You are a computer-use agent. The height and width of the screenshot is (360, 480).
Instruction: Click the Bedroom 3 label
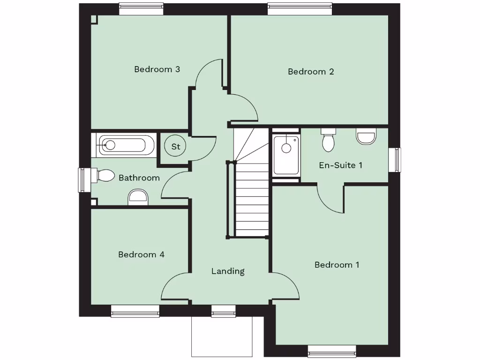pos(157,69)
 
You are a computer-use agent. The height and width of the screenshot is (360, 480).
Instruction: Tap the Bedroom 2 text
pos(311,72)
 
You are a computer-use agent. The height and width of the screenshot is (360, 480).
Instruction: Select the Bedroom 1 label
pos(337,265)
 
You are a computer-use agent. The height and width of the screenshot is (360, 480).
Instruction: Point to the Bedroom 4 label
pos(141,255)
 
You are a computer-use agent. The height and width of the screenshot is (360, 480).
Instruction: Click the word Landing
pos(228,271)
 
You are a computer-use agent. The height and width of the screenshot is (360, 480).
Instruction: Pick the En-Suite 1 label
pos(340,165)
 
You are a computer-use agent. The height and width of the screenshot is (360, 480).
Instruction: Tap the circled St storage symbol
pos(176,146)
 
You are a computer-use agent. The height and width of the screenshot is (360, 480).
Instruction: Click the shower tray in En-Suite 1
pos(286,155)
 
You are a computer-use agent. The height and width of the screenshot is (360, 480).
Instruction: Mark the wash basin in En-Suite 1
pos(366,136)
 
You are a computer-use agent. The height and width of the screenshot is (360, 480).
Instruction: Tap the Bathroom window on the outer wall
pos(84,180)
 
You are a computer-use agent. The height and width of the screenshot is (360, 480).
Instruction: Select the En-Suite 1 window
pos(396,160)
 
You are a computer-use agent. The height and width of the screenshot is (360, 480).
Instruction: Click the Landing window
pos(224,310)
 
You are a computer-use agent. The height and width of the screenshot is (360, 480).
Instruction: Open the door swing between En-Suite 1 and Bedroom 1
pos(330,199)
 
